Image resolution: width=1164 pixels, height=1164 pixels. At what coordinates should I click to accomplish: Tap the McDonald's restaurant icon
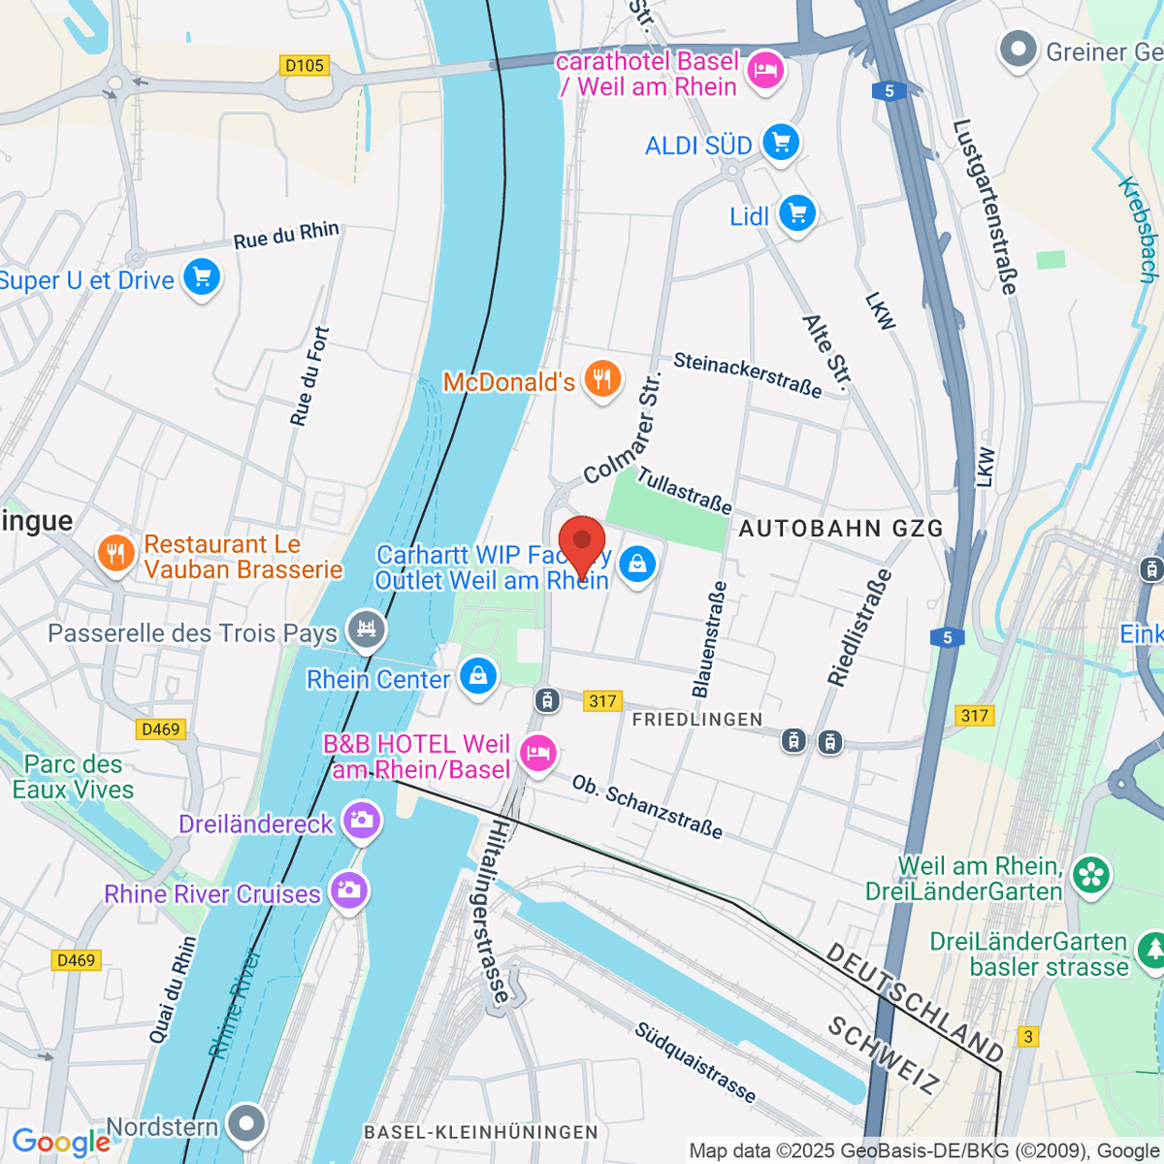[602, 380]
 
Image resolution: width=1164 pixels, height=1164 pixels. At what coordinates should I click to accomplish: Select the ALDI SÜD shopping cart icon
[780, 144]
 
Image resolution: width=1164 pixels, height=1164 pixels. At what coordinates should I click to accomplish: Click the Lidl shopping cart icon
[797, 213]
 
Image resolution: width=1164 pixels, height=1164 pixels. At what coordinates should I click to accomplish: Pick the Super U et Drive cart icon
[202, 278]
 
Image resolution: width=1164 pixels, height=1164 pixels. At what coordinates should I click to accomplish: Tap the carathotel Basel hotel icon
[766, 72]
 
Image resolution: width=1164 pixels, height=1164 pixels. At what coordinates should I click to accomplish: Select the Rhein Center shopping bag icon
[478, 676]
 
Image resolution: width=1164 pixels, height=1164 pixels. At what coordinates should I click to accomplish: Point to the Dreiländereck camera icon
[362, 822]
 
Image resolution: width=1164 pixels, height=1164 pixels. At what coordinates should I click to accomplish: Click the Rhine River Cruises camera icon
[348, 890]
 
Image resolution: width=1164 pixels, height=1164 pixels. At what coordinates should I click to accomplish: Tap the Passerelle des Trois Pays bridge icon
[367, 630]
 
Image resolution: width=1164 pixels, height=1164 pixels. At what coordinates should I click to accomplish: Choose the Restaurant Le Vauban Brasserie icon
[115, 555]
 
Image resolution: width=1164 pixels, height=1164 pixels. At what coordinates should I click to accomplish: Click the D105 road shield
[305, 66]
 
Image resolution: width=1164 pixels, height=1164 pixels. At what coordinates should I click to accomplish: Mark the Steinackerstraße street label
[747, 374]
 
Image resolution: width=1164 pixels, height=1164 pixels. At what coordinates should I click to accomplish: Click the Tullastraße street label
[684, 491]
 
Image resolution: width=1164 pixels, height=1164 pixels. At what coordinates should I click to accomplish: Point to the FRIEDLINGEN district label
[697, 719]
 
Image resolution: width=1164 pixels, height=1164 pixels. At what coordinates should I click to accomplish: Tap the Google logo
[60, 1142]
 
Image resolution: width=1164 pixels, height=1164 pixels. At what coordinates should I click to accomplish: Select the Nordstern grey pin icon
[246, 1124]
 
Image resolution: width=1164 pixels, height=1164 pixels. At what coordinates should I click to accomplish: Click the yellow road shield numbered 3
[1028, 1037]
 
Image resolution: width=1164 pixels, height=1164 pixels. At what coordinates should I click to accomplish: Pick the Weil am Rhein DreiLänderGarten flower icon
[1091, 875]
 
